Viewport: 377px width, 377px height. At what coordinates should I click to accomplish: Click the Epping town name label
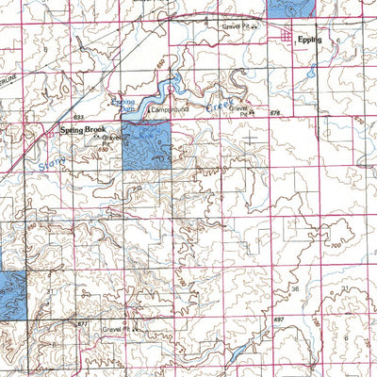tap(308, 41)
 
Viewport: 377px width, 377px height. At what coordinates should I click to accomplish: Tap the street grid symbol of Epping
tap(287, 35)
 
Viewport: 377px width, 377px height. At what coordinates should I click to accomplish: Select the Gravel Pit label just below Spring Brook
tap(113, 139)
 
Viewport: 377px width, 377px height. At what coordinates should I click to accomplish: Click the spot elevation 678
tap(275, 115)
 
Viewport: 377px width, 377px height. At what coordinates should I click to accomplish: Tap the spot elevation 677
tap(82, 323)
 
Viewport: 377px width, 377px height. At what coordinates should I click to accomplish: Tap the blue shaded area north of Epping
tap(292, 6)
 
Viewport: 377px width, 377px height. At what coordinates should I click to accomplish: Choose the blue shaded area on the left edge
tap(10, 293)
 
